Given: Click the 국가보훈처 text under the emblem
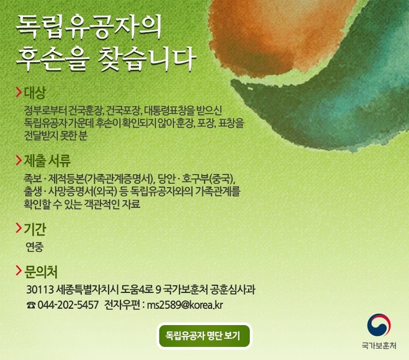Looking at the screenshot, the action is pos(379,346).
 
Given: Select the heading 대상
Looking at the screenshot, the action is pos(35,93).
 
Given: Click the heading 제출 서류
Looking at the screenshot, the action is pos(47,161).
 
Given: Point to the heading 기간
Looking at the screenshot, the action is pos(35,229).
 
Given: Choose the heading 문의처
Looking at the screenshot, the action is pos(41,272).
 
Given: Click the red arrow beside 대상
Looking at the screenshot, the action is pos(19,92).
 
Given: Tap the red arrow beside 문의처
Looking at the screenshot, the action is pos(19,271).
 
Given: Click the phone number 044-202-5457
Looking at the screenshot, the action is pos(68,305).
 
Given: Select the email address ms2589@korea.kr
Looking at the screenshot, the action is pos(185,305).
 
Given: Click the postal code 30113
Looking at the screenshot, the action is pos(40,290).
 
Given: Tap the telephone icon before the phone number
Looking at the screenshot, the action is pos(31,305).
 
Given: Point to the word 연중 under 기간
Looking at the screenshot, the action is pos(35,247).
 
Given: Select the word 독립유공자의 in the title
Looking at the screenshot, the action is pos(89,27).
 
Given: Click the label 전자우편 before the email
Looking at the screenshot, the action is pos(122,305).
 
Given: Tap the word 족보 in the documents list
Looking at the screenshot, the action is pos(32,179).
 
